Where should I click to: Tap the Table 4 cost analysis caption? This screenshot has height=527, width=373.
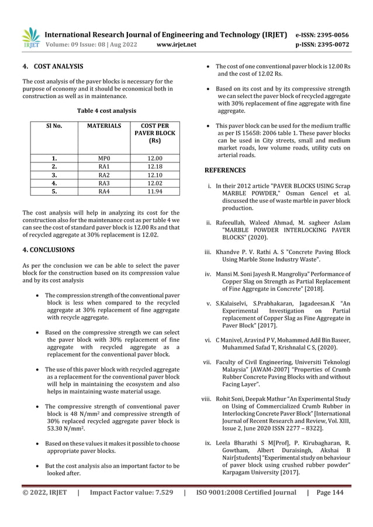[x=104, y=110]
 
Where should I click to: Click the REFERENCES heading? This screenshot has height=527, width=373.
[x=225, y=171]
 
